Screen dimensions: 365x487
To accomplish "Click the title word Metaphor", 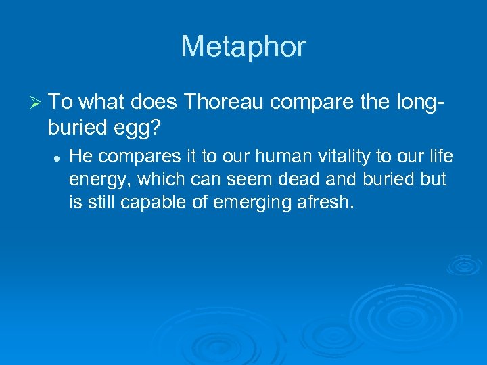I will coord(243,47).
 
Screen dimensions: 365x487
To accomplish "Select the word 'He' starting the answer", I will coord(80,157).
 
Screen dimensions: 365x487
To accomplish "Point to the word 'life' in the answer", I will coord(440,157).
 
